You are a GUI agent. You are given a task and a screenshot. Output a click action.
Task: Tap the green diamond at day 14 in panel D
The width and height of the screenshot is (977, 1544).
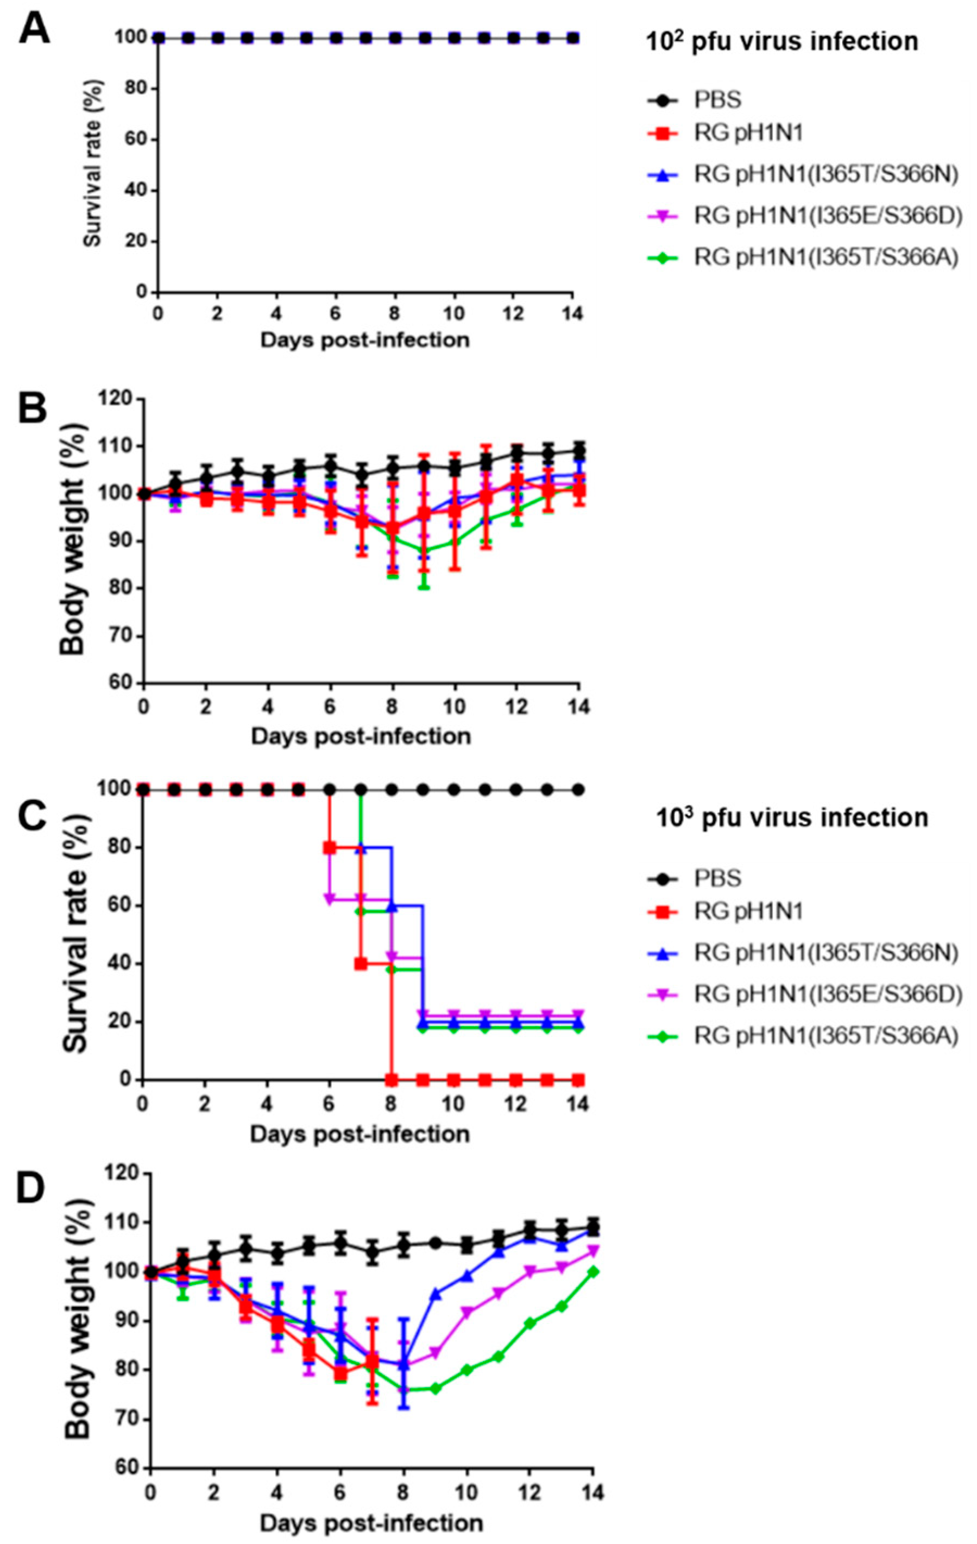click(x=592, y=1271)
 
